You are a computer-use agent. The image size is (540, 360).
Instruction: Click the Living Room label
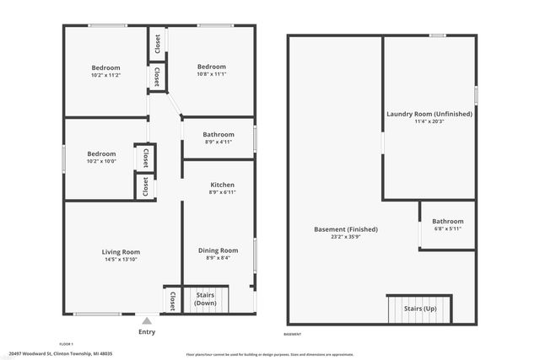pyautogui.click(x=121, y=252)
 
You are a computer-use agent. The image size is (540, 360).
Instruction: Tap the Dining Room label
pyautogui.click(x=218, y=250)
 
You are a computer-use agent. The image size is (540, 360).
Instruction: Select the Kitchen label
pyautogui.click(x=222, y=185)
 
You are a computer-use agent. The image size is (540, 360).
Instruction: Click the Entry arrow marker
pyautogui.click(x=147, y=320)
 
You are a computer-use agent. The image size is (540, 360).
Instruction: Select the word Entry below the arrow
pyautogui.click(x=147, y=331)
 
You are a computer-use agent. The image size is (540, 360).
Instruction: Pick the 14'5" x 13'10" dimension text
pyautogui.click(x=121, y=260)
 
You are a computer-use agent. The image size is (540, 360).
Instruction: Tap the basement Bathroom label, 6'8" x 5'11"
pyautogui.click(x=448, y=222)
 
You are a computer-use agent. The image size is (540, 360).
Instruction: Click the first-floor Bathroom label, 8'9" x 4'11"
pyautogui.click(x=219, y=134)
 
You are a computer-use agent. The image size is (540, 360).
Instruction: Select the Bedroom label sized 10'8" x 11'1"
pyautogui.click(x=212, y=67)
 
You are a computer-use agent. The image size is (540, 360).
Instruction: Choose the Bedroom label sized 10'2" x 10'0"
pyautogui.click(x=101, y=154)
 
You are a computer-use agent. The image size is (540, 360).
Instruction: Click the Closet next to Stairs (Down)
pyautogui.click(x=172, y=299)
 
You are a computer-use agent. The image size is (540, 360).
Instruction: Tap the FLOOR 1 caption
pyautogui.click(x=67, y=343)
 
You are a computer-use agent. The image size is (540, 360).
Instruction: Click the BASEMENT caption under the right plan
pyautogui.click(x=293, y=335)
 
